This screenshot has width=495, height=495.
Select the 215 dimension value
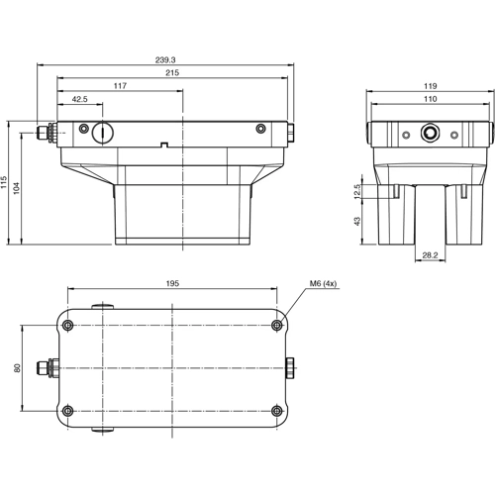click(172, 74)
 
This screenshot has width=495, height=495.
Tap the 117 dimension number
click(120, 87)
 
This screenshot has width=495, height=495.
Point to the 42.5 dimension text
click(80, 100)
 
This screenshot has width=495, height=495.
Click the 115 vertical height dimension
click(5, 184)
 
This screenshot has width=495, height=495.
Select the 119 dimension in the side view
click(431, 87)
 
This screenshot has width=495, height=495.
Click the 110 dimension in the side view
click(431, 100)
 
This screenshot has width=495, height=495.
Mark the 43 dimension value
click(357, 223)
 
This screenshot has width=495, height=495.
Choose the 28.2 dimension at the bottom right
click(429, 255)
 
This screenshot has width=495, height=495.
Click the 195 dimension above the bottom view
click(172, 284)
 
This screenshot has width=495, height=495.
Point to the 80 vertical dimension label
click(17, 368)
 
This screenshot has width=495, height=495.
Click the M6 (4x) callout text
click(324, 284)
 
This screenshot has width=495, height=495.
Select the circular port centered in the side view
click(431, 133)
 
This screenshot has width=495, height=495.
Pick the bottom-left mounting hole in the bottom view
click(67, 411)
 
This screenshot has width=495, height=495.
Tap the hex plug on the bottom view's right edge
click(290, 368)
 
